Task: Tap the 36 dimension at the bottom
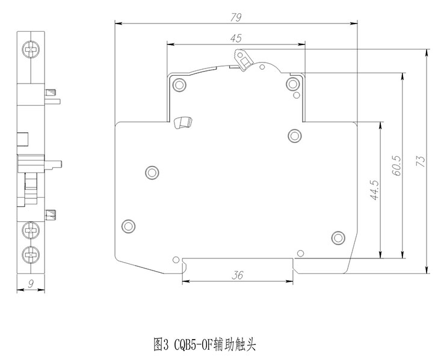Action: pyautogui.click(x=238, y=275)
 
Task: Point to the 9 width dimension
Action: pyautogui.click(x=29, y=285)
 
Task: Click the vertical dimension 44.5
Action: pyautogui.click(x=374, y=190)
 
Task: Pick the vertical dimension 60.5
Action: pyautogui.click(x=396, y=165)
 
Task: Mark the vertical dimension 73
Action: pyautogui.click(x=421, y=161)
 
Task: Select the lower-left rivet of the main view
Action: pyautogui.click(x=128, y=225)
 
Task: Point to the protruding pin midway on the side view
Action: pyautogui.click(x=57, y=162)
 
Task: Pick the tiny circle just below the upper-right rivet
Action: pyautogui.click(x=295, y=95)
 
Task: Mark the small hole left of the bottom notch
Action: pyautogui.click(x=175, y=260)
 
